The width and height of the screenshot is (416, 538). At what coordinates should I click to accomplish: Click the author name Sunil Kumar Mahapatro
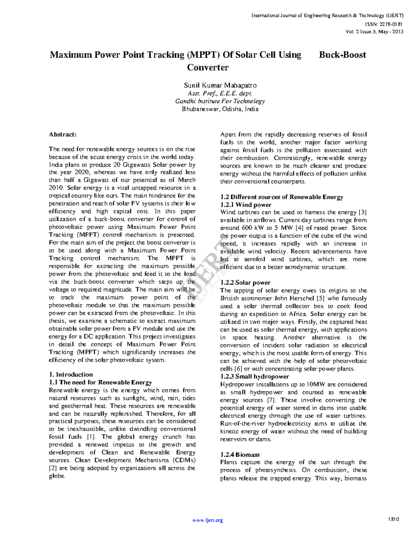click(x=220, y=85)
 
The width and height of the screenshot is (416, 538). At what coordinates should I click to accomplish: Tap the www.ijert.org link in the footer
click(x=208, y=520)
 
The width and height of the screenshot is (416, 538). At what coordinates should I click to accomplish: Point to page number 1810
click(x=394, y=519)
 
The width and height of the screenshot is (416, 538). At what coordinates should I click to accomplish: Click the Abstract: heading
click(x=62, y=134)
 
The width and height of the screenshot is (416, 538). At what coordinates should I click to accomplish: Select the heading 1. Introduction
click(x=71, y=374)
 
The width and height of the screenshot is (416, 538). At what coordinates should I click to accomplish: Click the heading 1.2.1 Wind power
click(x=246, y=205)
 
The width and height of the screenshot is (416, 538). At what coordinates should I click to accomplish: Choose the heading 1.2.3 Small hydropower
click(x=254, y=377)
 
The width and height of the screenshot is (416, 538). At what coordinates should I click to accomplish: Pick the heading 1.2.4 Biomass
click(x=240, y=455)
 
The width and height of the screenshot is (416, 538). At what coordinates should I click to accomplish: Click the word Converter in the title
click(x=208, y=68)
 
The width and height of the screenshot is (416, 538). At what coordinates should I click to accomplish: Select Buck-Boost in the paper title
click(x=342, y=55)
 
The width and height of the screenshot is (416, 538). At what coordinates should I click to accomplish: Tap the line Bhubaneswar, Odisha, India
click(x=220, y=109)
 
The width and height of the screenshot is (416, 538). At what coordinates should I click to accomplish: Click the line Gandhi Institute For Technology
click(x=220, y=101)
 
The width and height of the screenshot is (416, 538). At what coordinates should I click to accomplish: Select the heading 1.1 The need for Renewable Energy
click(x=100, y=382)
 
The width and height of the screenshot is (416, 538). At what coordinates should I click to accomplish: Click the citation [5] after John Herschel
click(x=320, y=298)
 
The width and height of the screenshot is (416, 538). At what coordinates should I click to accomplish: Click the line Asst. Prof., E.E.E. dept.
click(x=220, y=93)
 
